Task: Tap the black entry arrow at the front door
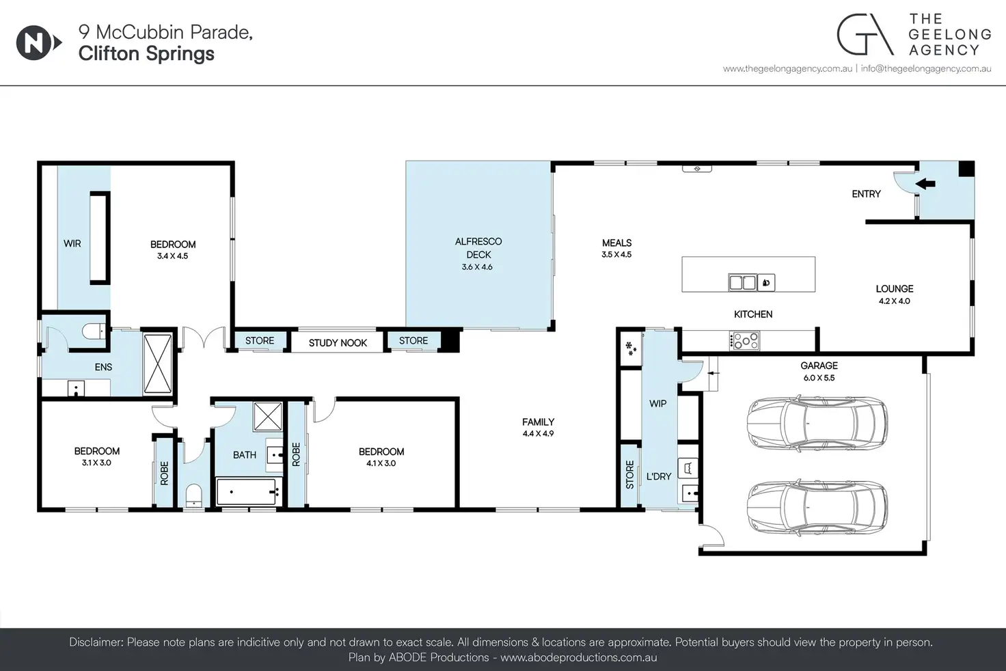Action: pos(925,183)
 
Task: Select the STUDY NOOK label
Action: pos(338,343)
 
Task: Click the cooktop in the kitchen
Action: pos(745,341)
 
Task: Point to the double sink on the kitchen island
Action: pos(742,282)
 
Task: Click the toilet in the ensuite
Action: pos(94,331)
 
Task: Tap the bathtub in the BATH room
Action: pos(247,492)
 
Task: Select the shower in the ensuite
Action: pos(158,364)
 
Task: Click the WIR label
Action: pos(72,243)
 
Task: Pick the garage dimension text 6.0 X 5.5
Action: pos(819,378)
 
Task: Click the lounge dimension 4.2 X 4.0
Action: pos(894,301)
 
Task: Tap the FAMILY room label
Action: pos(538,422)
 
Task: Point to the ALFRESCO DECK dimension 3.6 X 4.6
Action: pos(477,266)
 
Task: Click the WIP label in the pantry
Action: pos(658,403)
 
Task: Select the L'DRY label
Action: pos(659,476)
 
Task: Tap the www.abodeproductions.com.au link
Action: pos(578,657)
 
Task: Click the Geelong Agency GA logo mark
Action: pos(865,34)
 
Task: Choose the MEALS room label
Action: pos(616,243)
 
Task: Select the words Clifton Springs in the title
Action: pos(146,54)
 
